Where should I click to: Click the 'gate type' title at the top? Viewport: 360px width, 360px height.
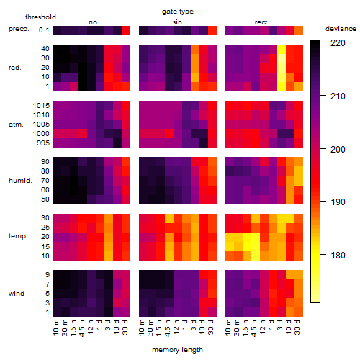(178, 12)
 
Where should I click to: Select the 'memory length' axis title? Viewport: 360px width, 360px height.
(178, 350)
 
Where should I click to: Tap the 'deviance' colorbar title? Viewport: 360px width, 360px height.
(341, 29)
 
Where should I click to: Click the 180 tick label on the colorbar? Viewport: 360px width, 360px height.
(338, 255)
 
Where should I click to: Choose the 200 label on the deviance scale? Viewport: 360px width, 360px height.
(338, 149)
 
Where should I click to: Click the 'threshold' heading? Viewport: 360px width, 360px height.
(40, 17)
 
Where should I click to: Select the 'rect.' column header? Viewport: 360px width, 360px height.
(262, 22)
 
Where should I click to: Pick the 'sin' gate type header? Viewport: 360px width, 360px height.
(177, 22)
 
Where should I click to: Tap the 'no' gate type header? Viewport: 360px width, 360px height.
(93, 22)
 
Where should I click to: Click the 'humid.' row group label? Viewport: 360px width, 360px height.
(20, 181)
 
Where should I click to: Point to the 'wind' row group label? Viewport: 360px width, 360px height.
(17, 294)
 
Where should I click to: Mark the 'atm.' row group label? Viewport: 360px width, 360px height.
(16, 125)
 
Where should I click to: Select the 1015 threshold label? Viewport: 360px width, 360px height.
(41, 106)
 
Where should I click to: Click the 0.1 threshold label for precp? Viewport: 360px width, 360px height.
(44, 30)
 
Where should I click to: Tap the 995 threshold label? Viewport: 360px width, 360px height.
(43, 143)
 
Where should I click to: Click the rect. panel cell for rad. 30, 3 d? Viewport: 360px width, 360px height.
(282, 58)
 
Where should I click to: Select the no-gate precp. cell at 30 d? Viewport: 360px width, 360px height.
(126, 30)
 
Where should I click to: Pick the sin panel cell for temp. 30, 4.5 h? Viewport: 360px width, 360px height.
(169, 218)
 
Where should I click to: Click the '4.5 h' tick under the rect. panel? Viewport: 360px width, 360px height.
(256, 328)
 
